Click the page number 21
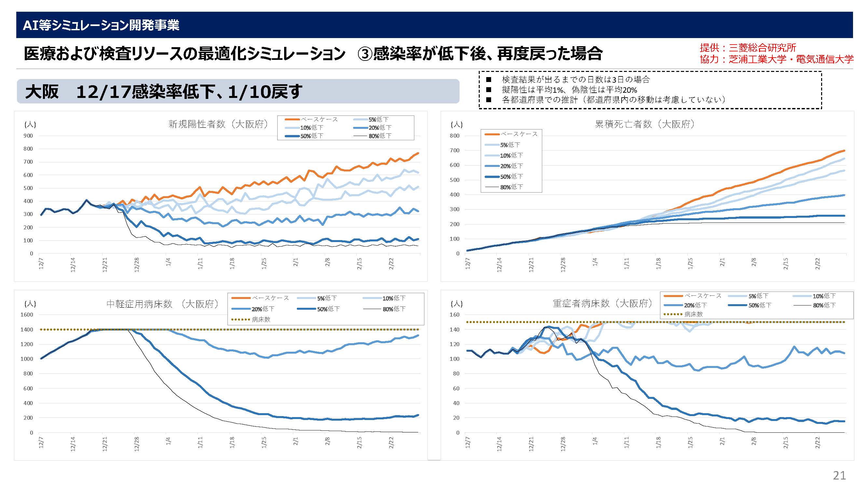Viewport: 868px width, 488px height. point(839,475)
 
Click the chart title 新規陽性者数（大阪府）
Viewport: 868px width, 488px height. point(218,124)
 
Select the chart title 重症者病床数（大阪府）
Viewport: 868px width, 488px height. point(602,304)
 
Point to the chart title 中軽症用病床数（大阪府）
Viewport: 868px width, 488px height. point(163,304)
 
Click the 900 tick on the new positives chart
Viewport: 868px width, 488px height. point(28,136)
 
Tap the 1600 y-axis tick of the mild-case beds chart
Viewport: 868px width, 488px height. point(27,315)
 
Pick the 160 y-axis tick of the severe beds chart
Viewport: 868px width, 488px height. point(455,315)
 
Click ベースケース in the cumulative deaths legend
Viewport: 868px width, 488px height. point(519,134)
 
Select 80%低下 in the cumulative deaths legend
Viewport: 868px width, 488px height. point(512,187)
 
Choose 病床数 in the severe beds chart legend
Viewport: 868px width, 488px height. point(694,314)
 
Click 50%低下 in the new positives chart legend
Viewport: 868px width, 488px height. point(312,136)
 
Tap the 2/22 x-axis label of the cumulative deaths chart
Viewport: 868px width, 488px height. point(818,264)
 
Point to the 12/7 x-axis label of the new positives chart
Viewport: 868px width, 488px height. point(41,264)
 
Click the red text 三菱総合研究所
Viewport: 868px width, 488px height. point(762,48)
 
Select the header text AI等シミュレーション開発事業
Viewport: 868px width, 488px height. point(101,25)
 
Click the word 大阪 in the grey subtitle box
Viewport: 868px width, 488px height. point(42,92)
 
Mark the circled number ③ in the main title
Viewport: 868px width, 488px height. point(364,54)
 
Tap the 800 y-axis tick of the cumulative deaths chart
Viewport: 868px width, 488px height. point(455,136)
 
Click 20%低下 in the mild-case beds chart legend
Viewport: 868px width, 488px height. point(263,309)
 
